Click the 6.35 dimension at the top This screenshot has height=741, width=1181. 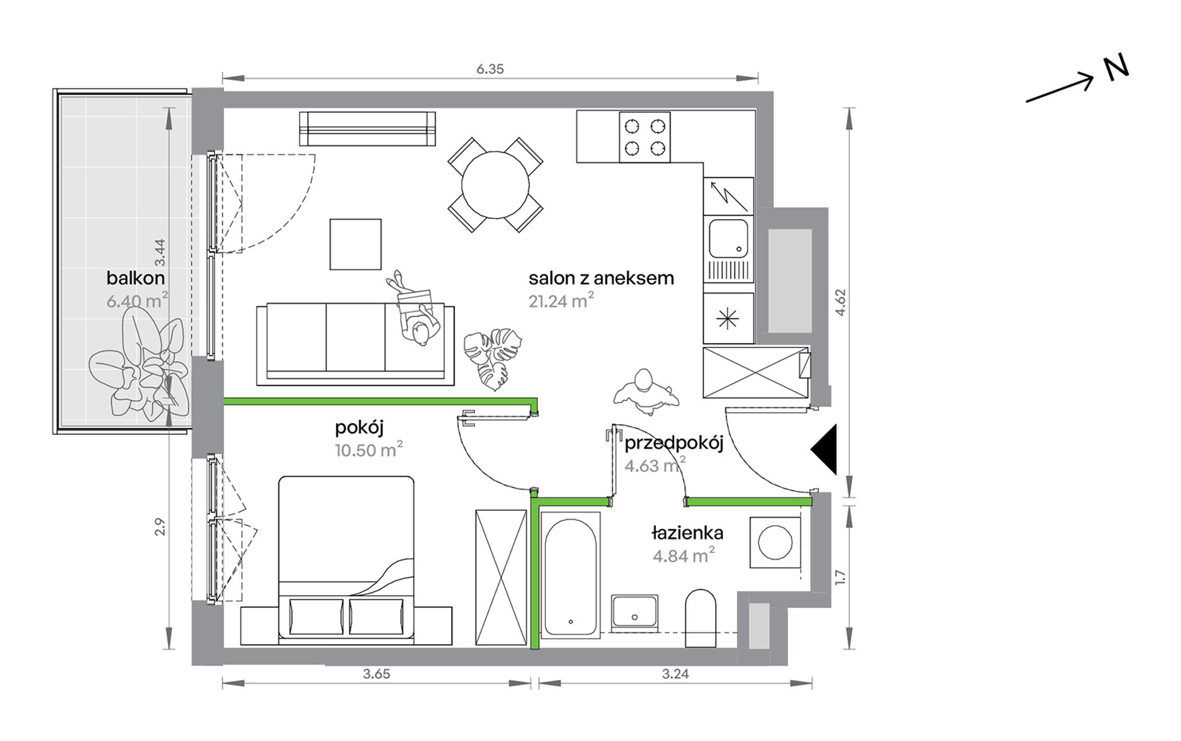click(490, 69)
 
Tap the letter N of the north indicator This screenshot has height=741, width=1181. click(1116, 68)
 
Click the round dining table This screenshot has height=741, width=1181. click(495, 185)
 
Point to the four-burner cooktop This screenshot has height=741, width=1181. click(645, 137)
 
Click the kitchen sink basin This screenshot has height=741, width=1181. click(728, 238)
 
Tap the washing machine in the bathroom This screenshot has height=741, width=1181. click(775, 542)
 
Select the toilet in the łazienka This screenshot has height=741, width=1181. click(701, 618)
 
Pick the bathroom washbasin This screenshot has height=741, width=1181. click(635, 613)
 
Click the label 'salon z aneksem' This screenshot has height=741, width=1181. click(601, 278)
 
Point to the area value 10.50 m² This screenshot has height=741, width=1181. click(369, 449)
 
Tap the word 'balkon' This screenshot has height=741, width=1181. click(136, 278)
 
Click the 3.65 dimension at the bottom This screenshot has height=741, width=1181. click(377, 674)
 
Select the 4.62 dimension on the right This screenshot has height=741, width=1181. click(840, 303)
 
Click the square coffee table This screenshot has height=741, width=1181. click(356, 244)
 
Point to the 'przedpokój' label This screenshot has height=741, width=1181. click(674, 443)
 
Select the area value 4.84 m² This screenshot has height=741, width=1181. click(683, 555)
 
